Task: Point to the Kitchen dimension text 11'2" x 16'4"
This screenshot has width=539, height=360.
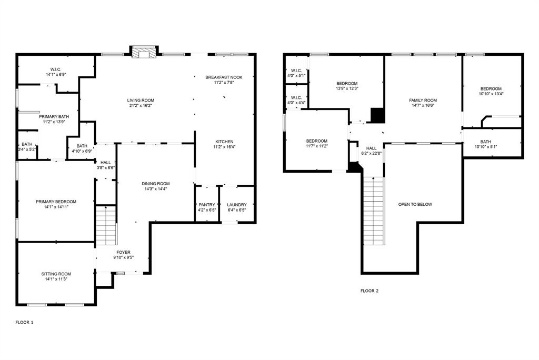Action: [224, 147]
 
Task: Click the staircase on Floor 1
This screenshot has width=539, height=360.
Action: [106, 225]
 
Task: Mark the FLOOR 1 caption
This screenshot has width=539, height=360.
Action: [24, 323]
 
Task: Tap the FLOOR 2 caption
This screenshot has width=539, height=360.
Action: [370, 291]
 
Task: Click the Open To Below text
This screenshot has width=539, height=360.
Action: [415, 204]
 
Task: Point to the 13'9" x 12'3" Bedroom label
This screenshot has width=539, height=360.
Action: [347, 86]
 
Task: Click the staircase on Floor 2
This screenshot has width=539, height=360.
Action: [374, 211]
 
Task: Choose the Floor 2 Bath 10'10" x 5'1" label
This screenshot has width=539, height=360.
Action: [486, 144]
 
